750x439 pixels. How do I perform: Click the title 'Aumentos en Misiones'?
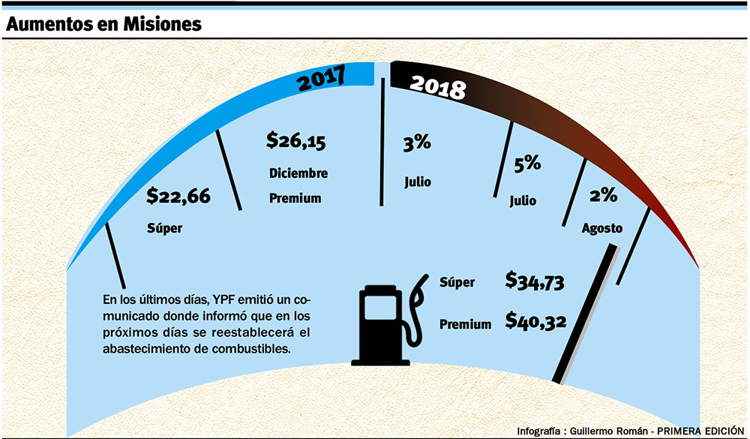point(103,24)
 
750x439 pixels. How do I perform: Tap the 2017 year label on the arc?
point(322,77)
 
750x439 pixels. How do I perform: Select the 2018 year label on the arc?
point(438,85)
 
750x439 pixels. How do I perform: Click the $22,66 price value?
point(178,197)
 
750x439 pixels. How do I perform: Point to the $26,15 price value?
point(296,140)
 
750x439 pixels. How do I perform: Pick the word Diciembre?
point(298,173)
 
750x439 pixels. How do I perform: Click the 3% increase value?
point(418,146)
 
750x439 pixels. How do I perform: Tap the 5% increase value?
point(527,164)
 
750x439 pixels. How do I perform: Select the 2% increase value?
point(603,196)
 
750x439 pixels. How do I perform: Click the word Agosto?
point(602,228)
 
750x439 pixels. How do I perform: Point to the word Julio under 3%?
point(418,182)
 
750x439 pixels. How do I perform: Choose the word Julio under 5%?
point(523,200)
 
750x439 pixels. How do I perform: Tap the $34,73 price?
point(535,282)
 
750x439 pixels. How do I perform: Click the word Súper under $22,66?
point(165,227)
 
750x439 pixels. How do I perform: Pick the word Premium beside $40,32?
point(465,324)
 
